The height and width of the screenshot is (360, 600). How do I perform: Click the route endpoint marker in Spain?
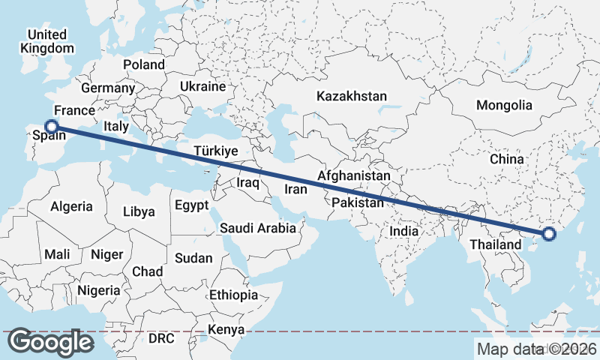click(51, 127)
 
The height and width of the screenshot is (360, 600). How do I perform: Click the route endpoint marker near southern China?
click(549, 234)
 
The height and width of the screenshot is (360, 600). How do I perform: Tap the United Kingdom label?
click(47, 41)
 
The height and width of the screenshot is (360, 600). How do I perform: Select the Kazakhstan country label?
click(352, 97)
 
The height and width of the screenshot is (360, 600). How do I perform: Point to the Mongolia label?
click(504, 105)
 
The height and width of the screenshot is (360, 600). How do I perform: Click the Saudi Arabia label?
click(258, 228)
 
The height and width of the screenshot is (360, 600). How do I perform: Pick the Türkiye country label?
click(216, 151)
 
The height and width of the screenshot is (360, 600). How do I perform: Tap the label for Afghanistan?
click(354, 175)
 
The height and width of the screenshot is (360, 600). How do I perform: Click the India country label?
click(403, 232)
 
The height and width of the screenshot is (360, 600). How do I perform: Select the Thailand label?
click(495, 245)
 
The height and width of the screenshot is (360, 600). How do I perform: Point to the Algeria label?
click(72, 206)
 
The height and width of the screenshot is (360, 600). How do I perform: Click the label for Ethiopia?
click(233, 295)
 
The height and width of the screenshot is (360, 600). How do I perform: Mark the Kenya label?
click(226, 330)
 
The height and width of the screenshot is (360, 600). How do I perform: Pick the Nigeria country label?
click(98, 290)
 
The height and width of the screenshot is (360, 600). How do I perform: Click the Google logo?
click(52, 342)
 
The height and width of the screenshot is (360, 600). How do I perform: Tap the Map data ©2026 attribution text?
click(536, 349)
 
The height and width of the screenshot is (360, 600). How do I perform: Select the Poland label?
click(143, 64)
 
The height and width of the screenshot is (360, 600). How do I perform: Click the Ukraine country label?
click(202, 86)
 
